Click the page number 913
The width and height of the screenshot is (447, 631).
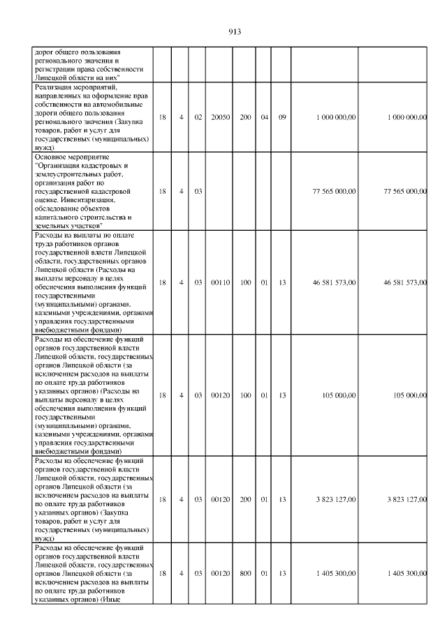tap(234, 31)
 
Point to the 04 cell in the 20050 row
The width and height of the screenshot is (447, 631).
tap(265, 117)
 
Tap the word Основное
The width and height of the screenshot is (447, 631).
tap(50, 158)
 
